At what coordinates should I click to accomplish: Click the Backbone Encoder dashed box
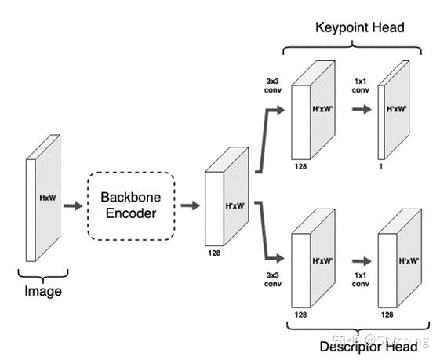coord(130,205)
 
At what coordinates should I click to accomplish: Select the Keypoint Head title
coord(359,28)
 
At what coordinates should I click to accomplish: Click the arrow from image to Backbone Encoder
coord(72,205)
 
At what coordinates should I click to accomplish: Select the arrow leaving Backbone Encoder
coord(188,205)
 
